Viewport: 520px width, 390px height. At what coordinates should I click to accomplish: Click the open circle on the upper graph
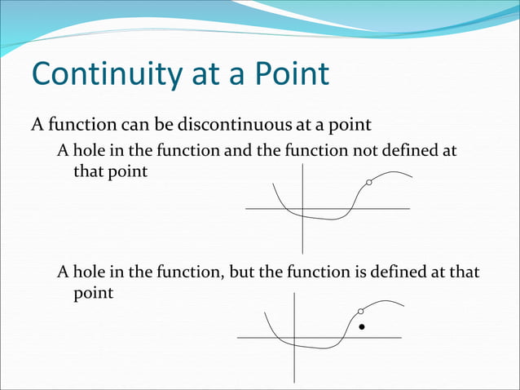(369, 183)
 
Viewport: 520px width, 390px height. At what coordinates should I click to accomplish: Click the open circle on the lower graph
(361, 311)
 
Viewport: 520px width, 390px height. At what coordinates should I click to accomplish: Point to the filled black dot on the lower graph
(362, 327)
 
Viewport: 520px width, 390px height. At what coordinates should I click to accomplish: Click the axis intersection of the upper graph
(302, 209)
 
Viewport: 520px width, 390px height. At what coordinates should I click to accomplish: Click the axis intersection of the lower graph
(294, 337)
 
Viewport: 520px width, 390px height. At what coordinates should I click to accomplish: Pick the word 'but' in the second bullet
(242, 272)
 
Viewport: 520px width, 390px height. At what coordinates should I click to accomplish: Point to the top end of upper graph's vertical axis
(302, 165)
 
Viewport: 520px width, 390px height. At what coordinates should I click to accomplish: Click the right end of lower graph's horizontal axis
(401, 337)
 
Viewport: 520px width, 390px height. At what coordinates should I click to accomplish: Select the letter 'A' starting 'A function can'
(37, 126)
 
